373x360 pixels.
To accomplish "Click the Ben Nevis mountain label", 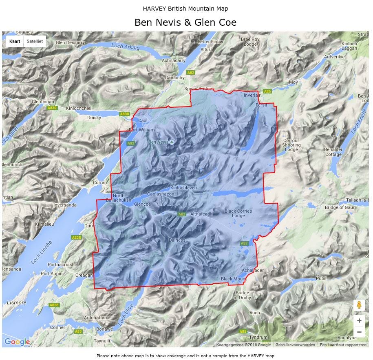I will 158,142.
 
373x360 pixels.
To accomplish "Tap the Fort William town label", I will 141,130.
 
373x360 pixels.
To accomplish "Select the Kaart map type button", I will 15,41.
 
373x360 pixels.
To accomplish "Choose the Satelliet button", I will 34,41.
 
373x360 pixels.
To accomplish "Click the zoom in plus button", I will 359,320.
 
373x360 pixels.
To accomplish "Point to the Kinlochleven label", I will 183,188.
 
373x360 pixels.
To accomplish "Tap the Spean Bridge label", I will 199,89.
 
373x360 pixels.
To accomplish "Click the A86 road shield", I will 267,91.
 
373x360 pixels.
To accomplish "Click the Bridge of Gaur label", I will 339,208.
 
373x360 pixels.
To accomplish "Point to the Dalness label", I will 177,240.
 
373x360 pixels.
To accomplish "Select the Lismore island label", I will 17,302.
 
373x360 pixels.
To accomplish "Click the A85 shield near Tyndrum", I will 243,331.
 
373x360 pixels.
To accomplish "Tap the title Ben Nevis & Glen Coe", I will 185,22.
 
